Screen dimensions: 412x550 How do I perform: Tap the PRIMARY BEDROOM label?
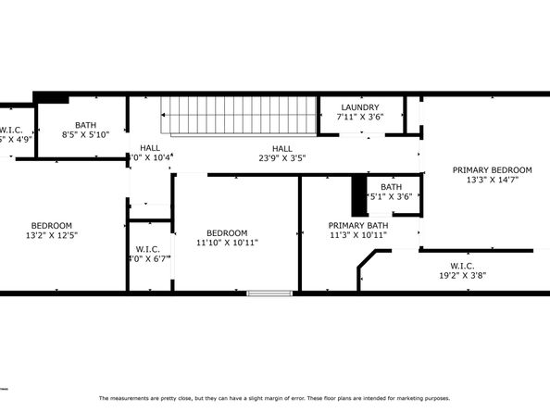[492, 170]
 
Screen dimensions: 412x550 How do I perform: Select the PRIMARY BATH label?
[357, 225]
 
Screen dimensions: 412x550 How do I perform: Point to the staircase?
[240, 118]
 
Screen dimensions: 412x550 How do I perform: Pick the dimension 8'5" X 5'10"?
[85, 134]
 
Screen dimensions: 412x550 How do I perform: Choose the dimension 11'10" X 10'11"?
[226, 243]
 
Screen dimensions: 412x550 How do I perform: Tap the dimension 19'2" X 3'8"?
[462, 275]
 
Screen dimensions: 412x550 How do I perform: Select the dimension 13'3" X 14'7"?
[492, 181]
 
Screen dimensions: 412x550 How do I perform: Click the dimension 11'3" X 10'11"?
[357, 235]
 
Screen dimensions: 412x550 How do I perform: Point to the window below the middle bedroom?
[269, 293]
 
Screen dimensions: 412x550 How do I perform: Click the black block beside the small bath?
[358, 195]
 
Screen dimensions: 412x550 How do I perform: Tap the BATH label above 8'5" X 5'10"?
[85, 125]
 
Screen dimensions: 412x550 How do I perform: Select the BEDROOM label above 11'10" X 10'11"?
[226, 232]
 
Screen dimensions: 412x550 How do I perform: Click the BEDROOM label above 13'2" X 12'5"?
[52, 225]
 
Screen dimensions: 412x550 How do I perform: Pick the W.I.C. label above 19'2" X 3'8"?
[462, 265]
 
